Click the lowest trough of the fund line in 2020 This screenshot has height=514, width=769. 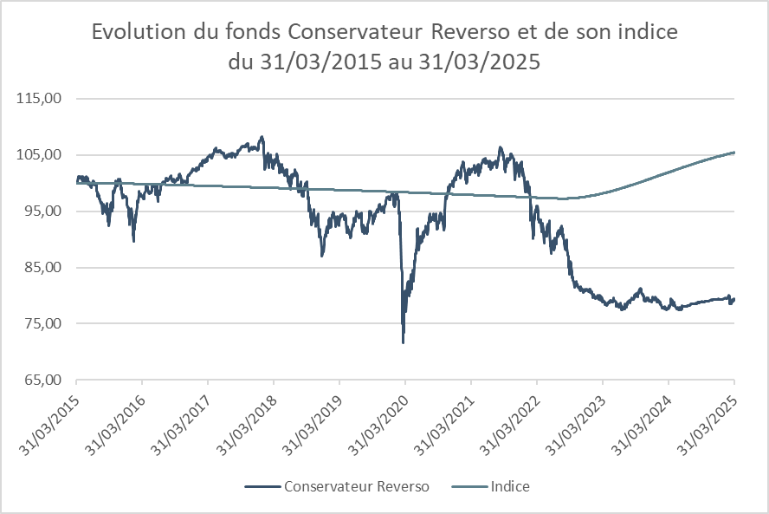click(x=404, y=342)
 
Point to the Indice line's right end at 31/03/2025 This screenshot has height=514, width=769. click(x=734, y=153)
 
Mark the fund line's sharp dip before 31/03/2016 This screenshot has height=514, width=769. click(x=133, y=240)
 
